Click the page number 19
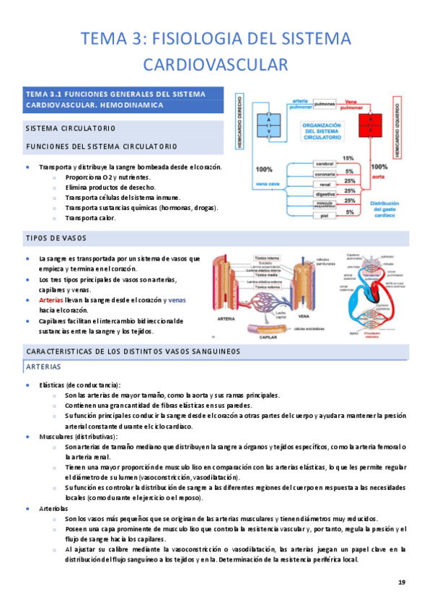pos(402,582)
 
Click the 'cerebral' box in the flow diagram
pos(325,165)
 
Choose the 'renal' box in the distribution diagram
pos(325,184)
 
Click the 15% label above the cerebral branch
pos(348,158)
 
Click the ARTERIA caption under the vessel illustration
pos(227,318)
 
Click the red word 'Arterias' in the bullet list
pos(52,300)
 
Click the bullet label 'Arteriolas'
pos(55,508)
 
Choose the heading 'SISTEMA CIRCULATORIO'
pos(69,128)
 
